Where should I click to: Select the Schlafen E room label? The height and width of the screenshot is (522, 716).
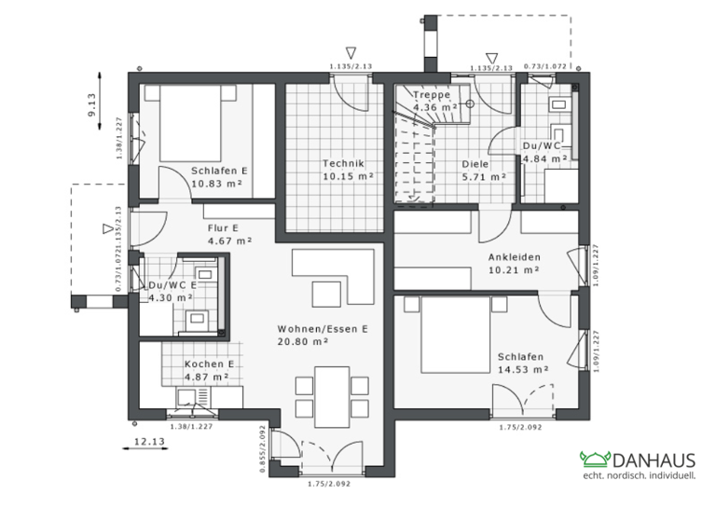[218, 171]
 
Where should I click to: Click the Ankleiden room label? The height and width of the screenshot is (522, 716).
[514, 257]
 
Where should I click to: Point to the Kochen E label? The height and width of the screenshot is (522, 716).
[208, 364]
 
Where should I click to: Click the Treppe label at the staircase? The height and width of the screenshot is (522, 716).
[432, 95]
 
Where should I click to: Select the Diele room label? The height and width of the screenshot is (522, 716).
[475, 163]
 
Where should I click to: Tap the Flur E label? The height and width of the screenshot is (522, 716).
[223, 227]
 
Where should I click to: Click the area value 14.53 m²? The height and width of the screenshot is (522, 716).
[522, 369]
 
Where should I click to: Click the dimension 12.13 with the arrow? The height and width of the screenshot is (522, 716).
[148, 442]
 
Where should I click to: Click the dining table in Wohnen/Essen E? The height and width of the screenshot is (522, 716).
[331, 394]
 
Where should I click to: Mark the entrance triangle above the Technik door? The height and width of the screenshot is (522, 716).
[351, 53]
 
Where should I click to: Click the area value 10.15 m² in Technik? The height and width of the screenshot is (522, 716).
[348, 175]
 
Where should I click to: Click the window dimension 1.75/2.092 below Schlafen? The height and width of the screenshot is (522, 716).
[521, 427]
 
